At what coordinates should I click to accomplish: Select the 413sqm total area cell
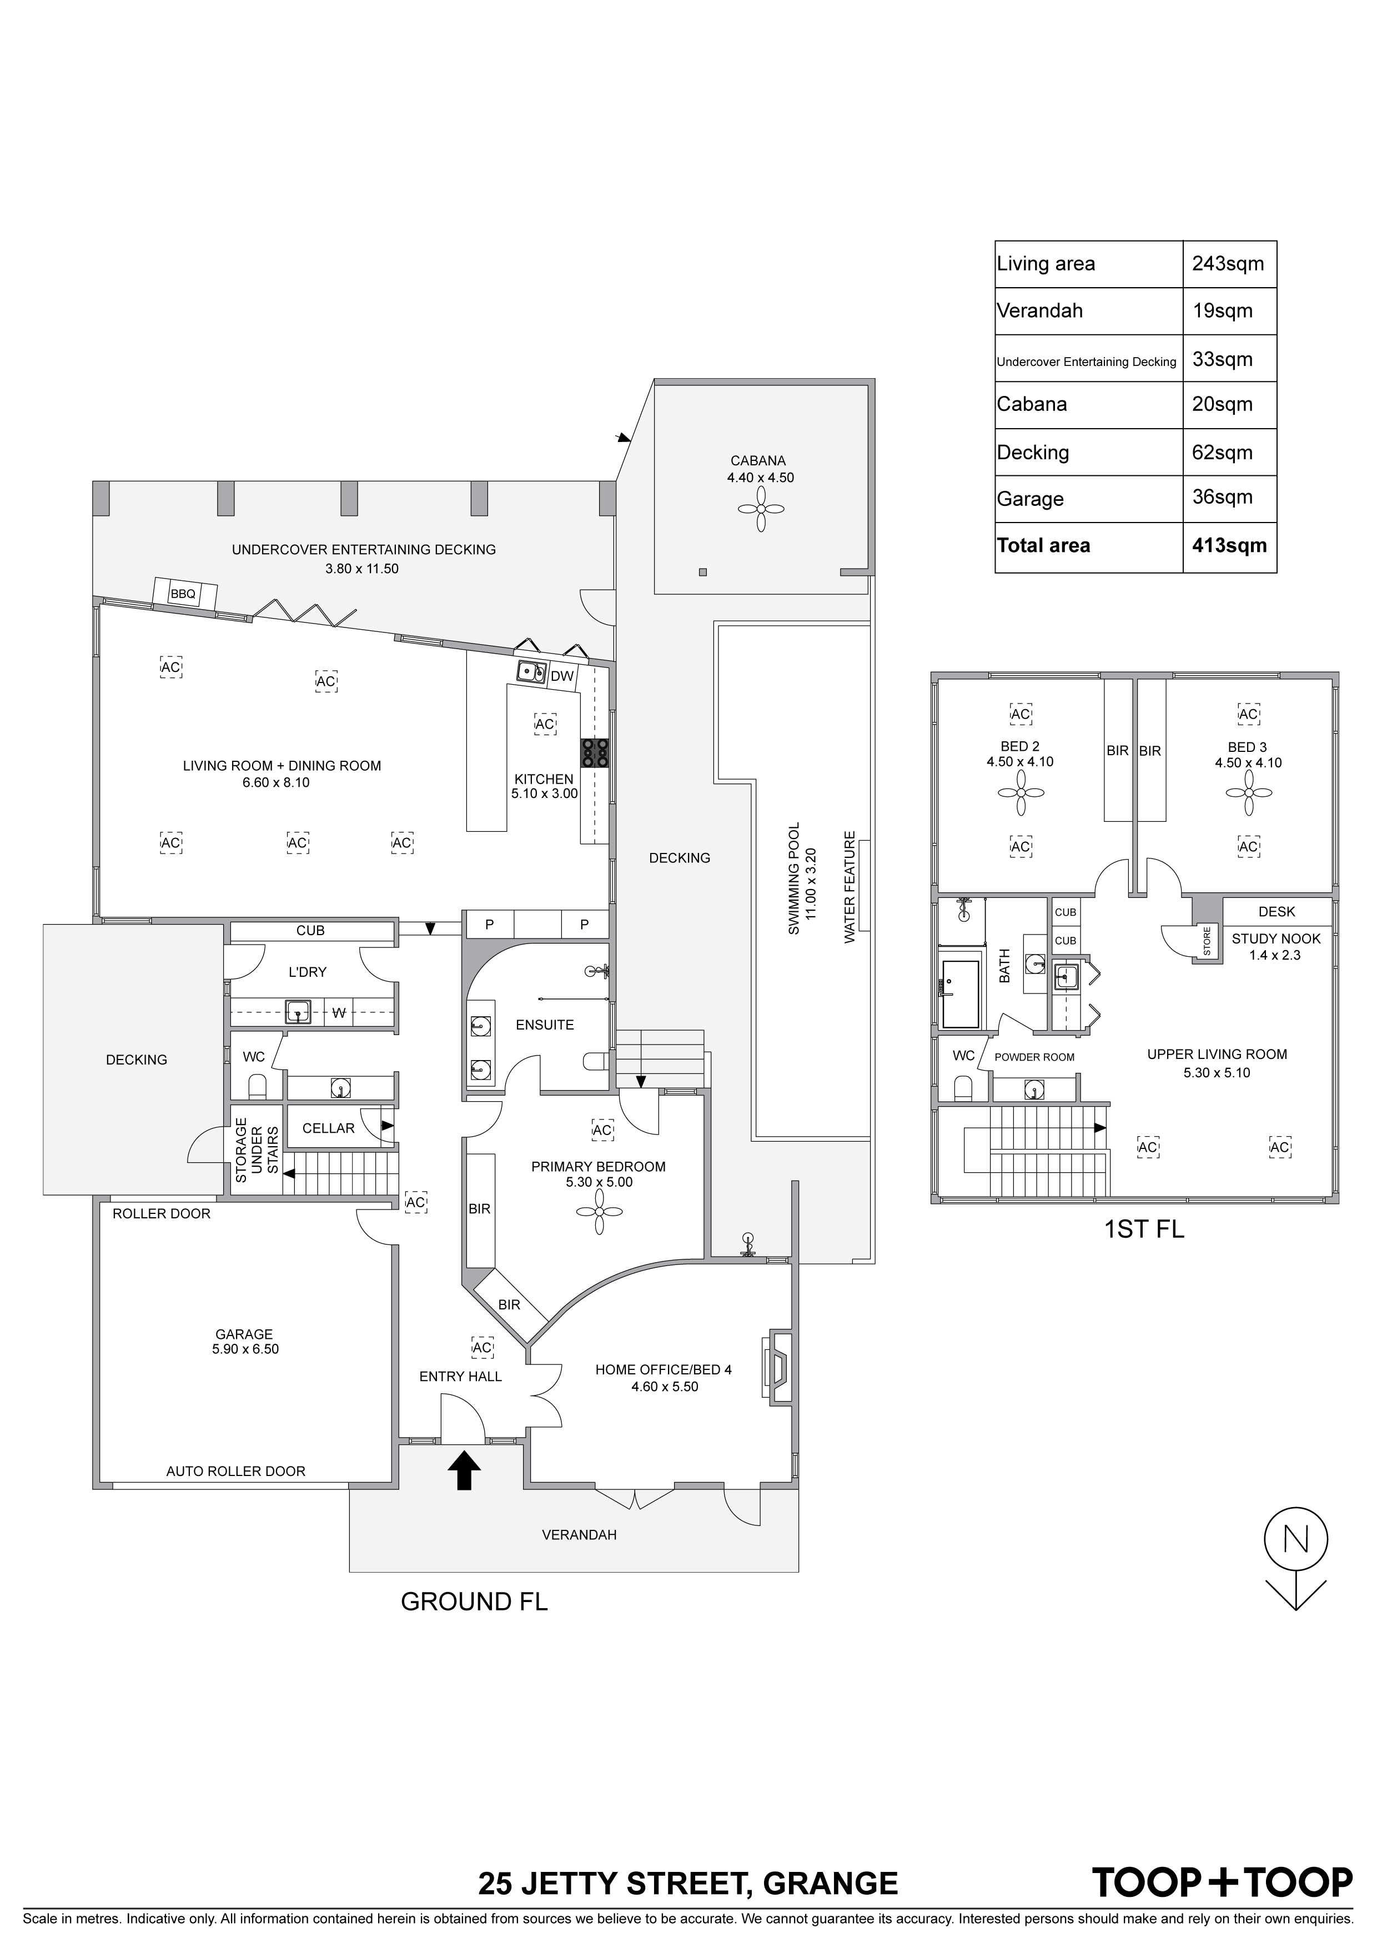1229,545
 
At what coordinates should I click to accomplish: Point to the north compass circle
1295,1538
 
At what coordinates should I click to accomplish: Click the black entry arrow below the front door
463,1469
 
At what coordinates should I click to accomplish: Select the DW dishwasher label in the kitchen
562,676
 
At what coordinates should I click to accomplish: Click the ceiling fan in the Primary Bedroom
599,1212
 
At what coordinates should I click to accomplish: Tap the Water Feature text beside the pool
850,887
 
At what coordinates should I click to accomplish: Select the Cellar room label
328,1128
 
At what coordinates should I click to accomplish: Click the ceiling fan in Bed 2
1021,792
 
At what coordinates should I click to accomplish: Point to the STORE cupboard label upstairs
1207,941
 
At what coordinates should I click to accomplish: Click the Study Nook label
1276,938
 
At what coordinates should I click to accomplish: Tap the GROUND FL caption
474,1601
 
